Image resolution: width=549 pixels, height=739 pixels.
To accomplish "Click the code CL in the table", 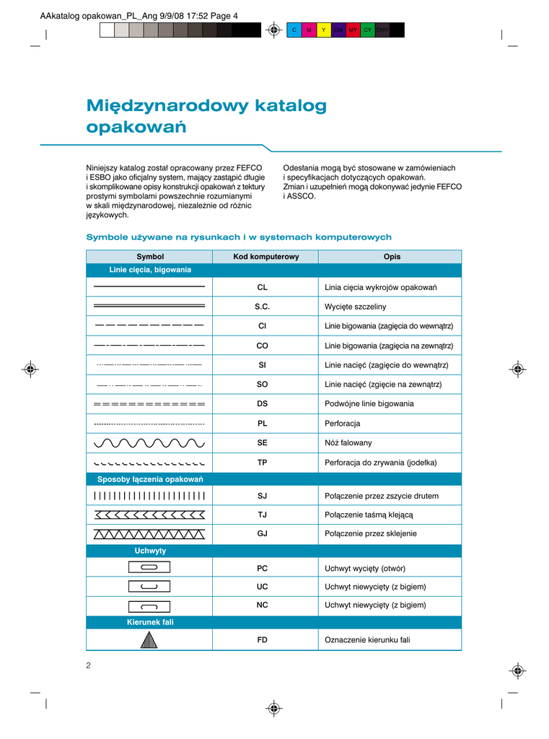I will (x=262, y=287).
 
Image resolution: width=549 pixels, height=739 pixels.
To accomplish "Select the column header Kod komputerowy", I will (x=265, y=257).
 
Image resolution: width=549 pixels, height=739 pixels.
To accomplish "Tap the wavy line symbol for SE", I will (x=149, y=442).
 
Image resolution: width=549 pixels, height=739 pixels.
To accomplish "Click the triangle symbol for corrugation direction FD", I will (x=149, y=640).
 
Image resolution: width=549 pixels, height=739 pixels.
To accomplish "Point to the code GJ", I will (x=262, y=533).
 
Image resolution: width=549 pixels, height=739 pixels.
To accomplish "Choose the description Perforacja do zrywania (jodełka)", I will (x=380, y=462).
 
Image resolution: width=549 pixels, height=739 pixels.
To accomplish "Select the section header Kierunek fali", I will (x=150, y=622).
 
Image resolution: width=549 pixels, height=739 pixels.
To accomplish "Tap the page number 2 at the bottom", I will (x=88, y=665).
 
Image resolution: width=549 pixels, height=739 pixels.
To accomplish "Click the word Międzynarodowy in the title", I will (x=167, y=106).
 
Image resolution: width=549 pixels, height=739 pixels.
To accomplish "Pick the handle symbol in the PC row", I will (x=149, y=569).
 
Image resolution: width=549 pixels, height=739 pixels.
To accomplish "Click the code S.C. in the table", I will (x=262, y=307).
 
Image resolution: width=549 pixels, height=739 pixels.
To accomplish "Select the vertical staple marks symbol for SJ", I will (x=149, y=496).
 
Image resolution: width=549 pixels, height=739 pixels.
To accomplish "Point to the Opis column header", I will (x=392, y=257).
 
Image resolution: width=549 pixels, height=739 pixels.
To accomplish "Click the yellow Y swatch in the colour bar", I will (x=324, y=30).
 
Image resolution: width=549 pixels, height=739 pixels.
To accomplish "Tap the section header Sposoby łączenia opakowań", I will (x=150, y=479).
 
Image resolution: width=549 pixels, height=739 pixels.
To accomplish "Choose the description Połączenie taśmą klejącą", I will (x=369, y=515).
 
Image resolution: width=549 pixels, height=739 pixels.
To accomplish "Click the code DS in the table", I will (x=262, y=403).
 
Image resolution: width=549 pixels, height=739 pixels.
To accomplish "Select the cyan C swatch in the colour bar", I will (x=294, y=30).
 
